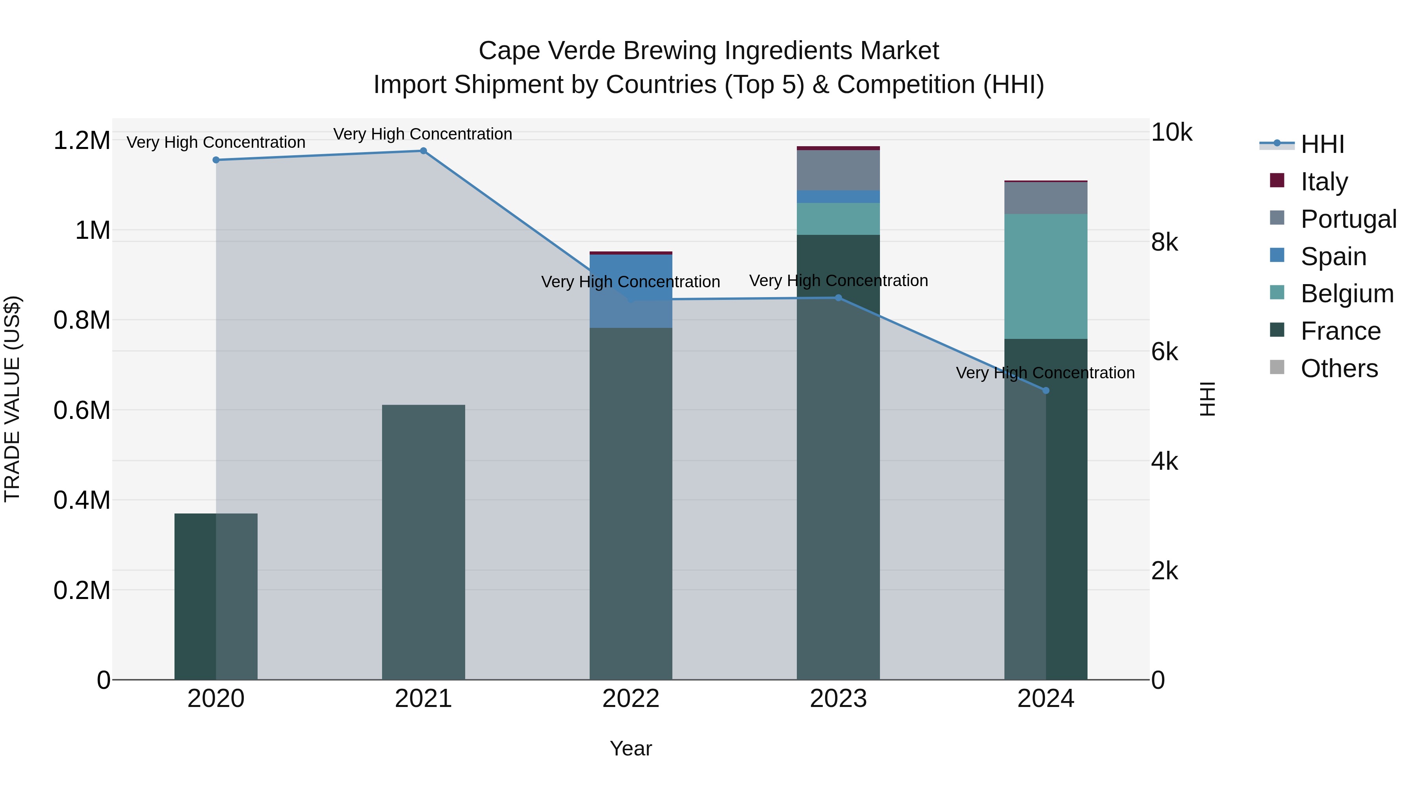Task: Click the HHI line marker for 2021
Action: [423, 151]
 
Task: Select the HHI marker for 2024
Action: [1046, 391]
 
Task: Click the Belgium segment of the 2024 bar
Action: [1046, 277]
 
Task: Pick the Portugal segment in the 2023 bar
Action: [838, 170]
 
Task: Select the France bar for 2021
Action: [423, 543]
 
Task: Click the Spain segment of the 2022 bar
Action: [631, 291]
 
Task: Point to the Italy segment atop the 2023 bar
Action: [838, 148]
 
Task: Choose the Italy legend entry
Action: [1323, 182]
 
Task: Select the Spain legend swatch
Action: [1277, 255]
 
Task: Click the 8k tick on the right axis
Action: [1164, 242]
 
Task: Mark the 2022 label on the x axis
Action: [631, 699]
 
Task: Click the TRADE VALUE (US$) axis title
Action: [12, 399]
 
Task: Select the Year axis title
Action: [631, 748]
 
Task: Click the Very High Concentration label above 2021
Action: [423, 134]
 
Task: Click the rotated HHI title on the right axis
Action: [1207, 399]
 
